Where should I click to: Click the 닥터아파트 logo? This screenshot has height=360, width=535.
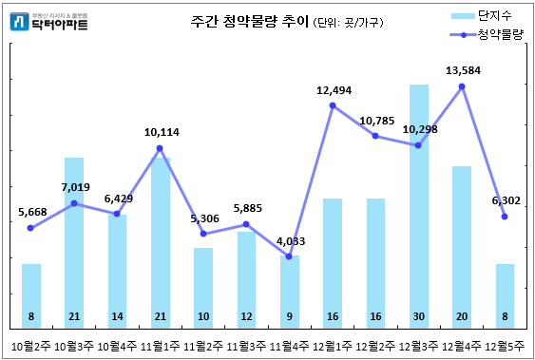point(49,22)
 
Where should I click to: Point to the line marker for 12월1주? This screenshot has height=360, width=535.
point(333,105)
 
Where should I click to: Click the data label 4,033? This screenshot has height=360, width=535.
point(290,240)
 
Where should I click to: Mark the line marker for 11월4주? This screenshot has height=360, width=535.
point(289,256)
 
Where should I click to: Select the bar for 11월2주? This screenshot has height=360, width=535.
point(202,285)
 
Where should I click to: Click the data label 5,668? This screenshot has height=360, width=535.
point(31,212)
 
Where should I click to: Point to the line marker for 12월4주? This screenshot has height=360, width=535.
point(462,86)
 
